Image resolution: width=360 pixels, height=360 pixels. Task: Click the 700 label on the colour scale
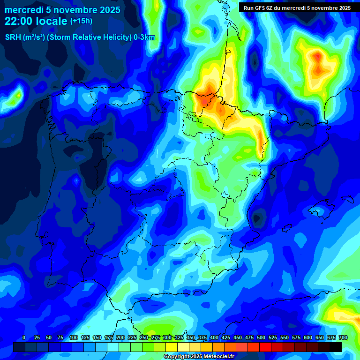pyautogui.click(x=343, y=337)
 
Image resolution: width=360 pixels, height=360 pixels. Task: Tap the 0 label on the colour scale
pyautogui.click(x=24, y=337)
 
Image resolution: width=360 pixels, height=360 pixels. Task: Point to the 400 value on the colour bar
pyautogui.click(x=214, y=337)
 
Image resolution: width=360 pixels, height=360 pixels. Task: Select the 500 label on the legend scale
pyautogui.click(x=261, y=337)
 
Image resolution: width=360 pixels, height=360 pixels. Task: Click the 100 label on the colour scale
pyautogui.click(x=74, y=337)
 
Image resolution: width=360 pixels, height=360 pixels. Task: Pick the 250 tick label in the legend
pyautogui.click(x=144, y=337)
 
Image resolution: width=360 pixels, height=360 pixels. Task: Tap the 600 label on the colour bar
pyautogui.click(x=308, y=337)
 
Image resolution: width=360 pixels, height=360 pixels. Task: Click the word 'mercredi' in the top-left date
pyautogui.click(x=21, y=10)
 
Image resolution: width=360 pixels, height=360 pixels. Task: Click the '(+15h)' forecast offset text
pyautogui.click(x=81, y=21)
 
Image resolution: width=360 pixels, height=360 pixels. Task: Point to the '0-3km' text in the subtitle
pyautogui.click(x=144, y=37)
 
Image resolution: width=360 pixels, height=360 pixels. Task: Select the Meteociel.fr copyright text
pyautogui.click(x=199, y=356)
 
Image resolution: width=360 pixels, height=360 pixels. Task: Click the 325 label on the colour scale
pyautogui.click(x=179, y=337)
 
